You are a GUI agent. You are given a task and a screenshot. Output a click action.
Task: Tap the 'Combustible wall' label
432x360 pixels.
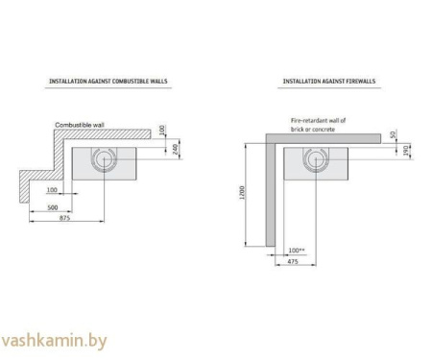click(x=80, y=126)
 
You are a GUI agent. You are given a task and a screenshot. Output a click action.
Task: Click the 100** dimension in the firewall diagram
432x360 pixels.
click(x=296, y=249)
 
